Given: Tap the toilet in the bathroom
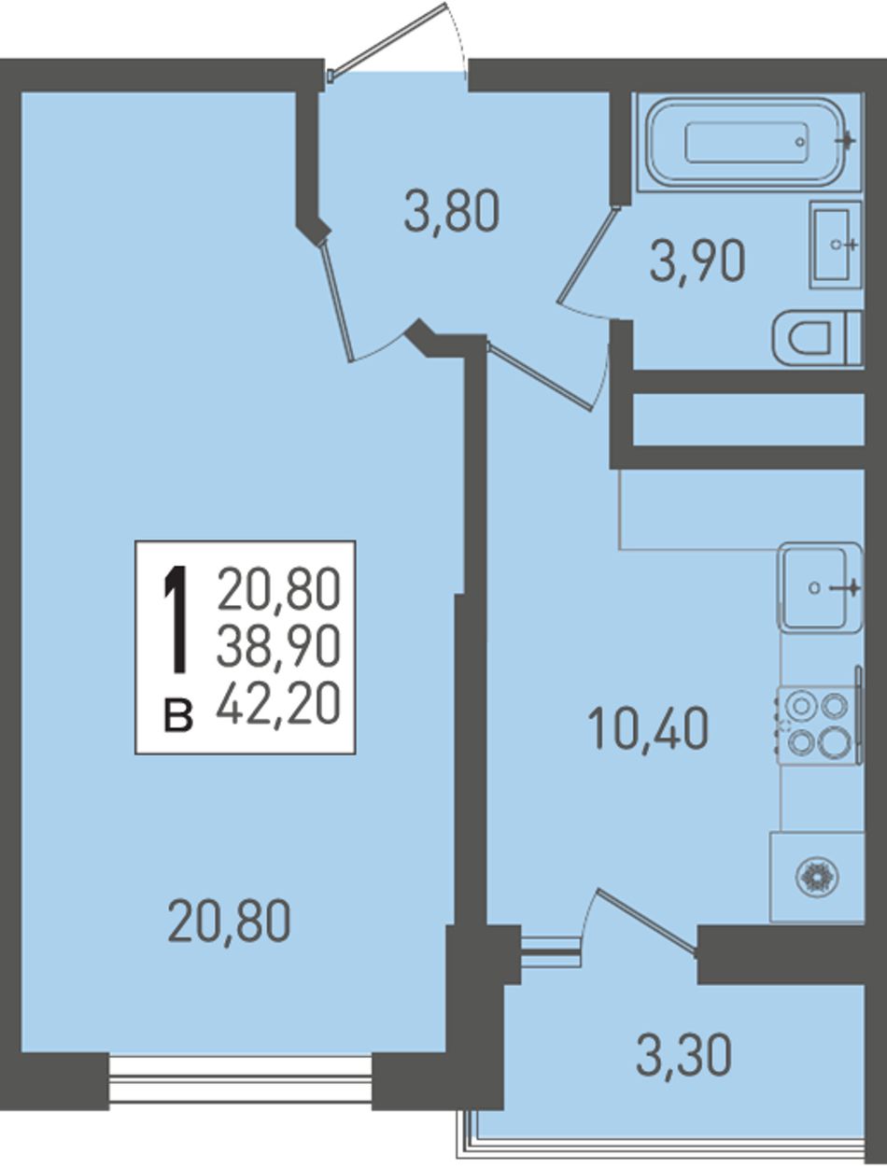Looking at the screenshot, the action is click(816, 338).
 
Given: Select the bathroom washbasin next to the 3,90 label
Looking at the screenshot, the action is click(836, 245).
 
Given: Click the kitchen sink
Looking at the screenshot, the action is click(820, 587).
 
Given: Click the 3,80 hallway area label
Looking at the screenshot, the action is click(452, 212).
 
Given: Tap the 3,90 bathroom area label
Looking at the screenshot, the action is click(697, 261).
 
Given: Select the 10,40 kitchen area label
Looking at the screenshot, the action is click(647, 727).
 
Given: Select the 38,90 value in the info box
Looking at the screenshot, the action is click(278, 646).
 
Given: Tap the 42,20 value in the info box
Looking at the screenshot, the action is click(278, 703).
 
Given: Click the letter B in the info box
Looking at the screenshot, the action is click(178, 716).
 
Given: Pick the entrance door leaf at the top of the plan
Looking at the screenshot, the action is click(388, 39).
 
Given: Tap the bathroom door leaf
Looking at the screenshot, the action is click(588, 257).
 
